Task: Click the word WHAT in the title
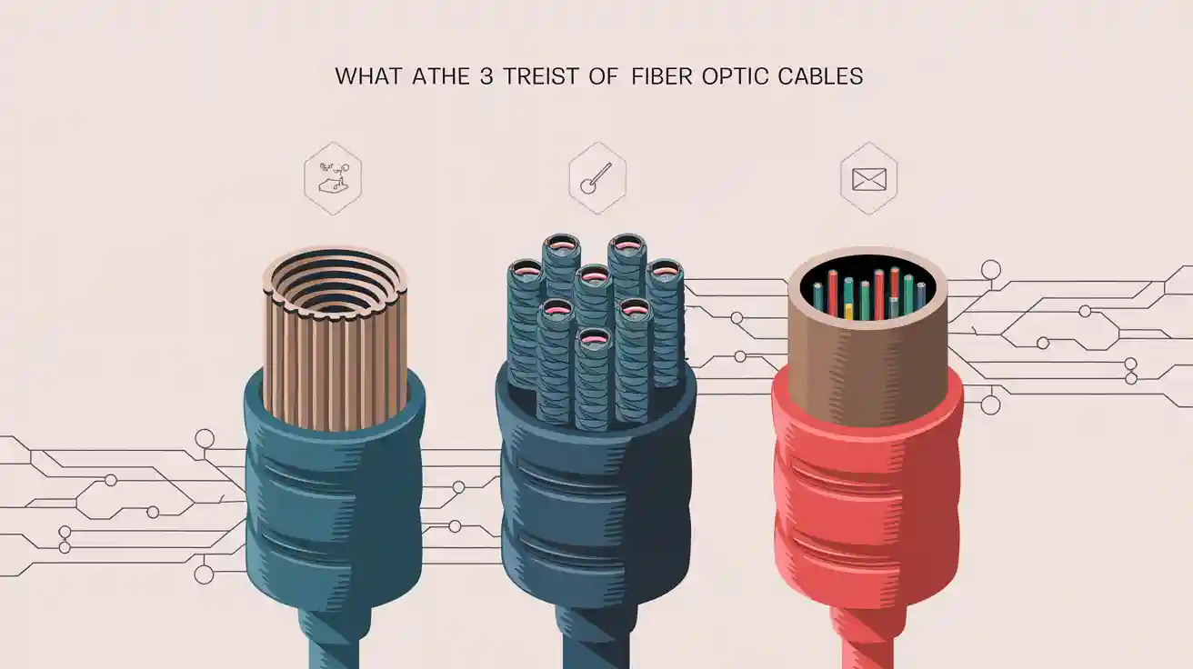367,76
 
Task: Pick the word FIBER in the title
662,76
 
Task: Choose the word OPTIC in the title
735,76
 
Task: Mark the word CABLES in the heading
820,76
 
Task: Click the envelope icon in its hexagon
868,178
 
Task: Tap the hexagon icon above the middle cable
596,178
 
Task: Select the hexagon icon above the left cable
333,178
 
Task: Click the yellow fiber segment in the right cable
848,311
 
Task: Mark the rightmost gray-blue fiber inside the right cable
921,295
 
